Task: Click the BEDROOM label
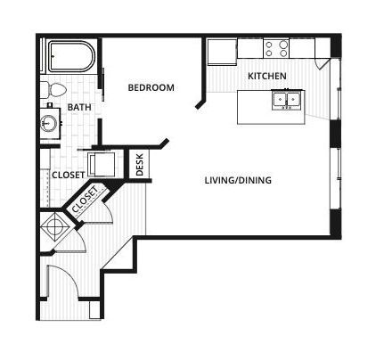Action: coord(151,87)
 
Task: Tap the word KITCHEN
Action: coord(266,77)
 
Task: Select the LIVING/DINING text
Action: coord(238,180)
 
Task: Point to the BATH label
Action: coord(79,108)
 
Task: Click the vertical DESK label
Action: coord(140,164)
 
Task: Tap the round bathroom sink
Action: coord(49,122)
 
